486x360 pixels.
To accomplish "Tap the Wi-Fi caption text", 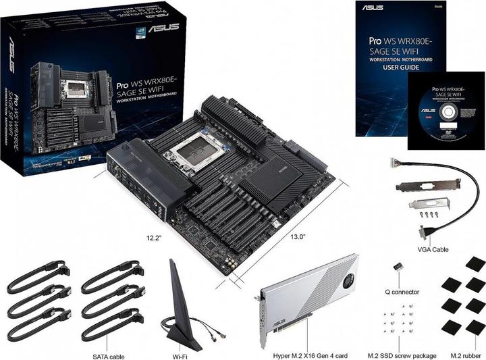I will [180, 355].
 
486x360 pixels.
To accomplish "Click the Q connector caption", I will [401, 292].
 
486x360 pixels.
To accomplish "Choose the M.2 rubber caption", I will [464, 355].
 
